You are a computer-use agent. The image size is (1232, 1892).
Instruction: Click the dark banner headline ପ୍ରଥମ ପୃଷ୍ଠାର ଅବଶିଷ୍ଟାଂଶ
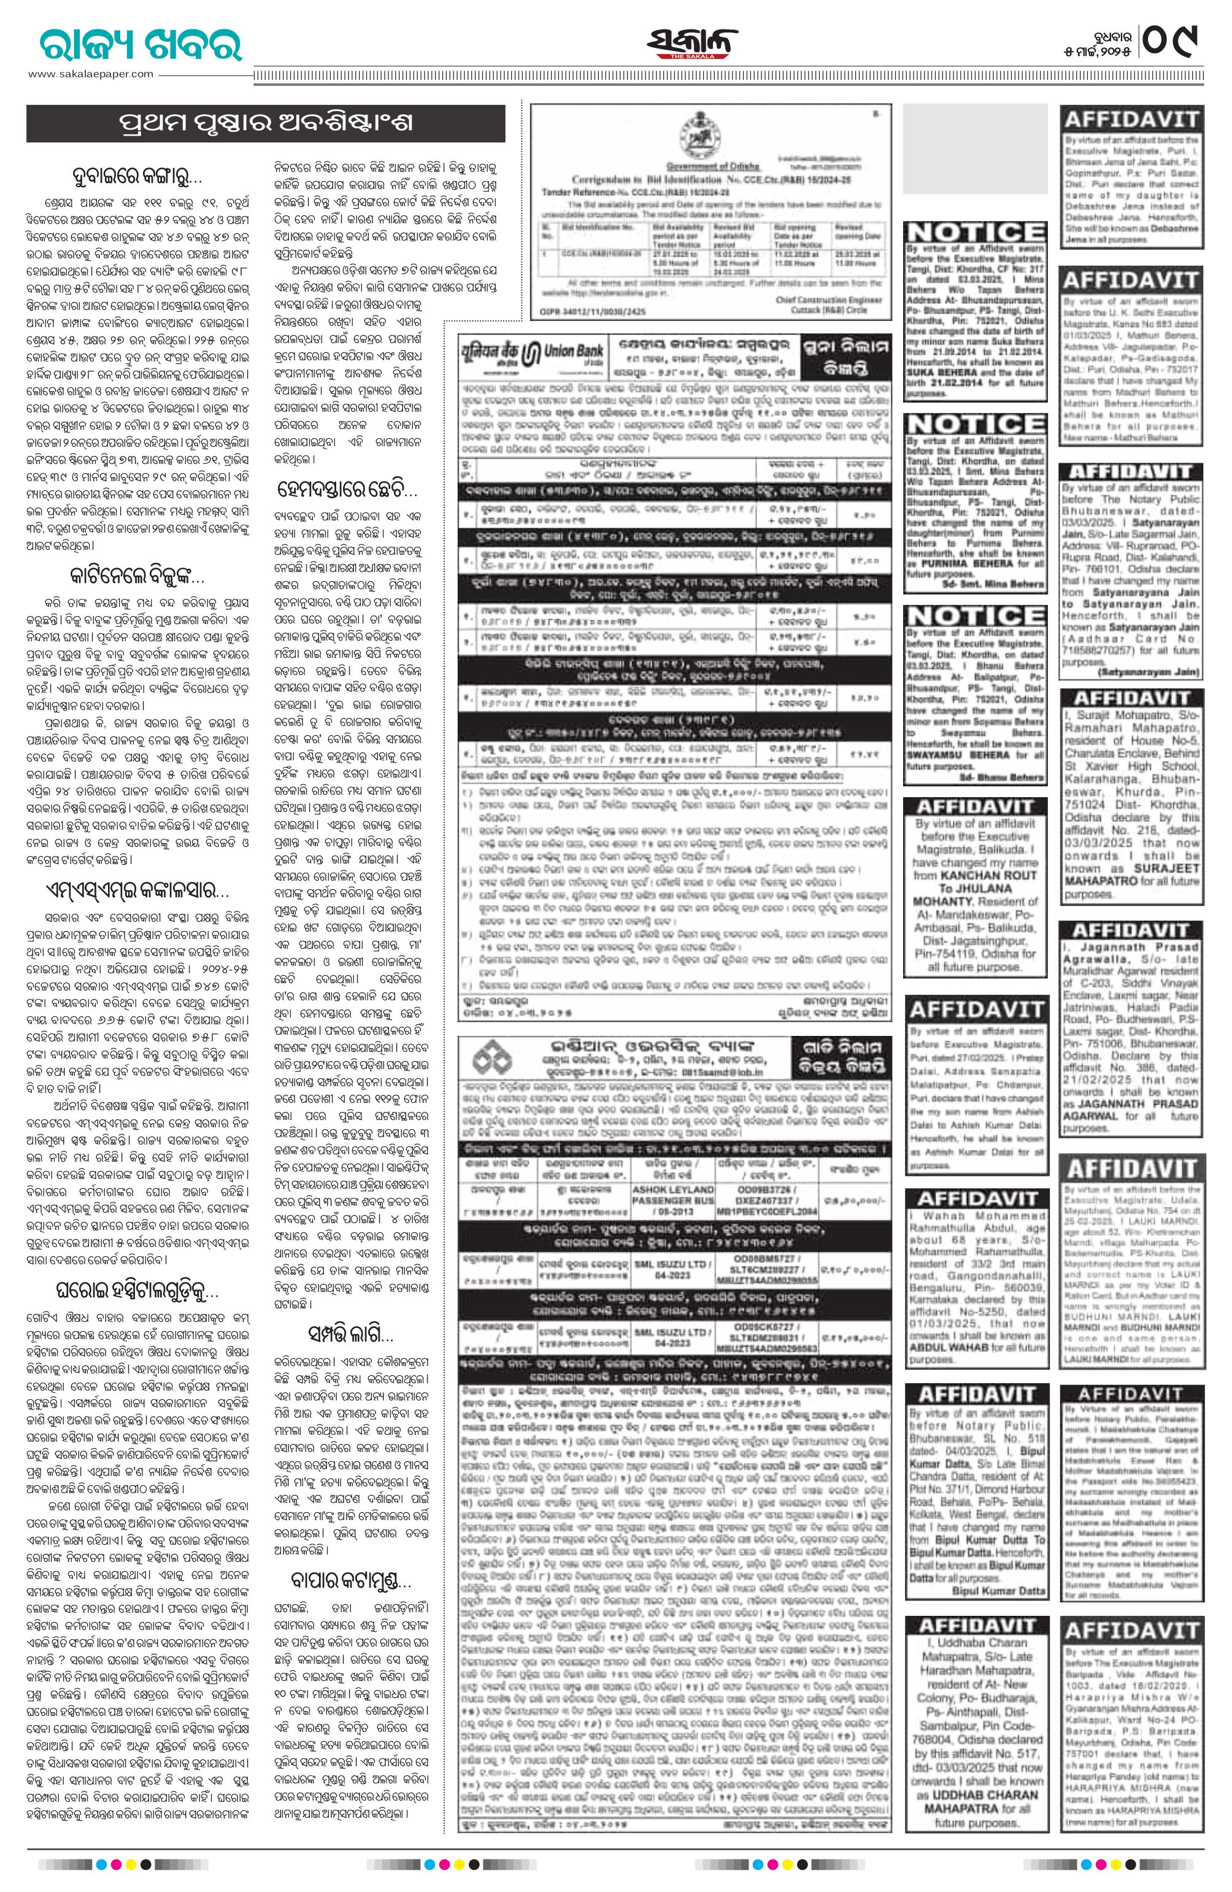click(x=266, y=124)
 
